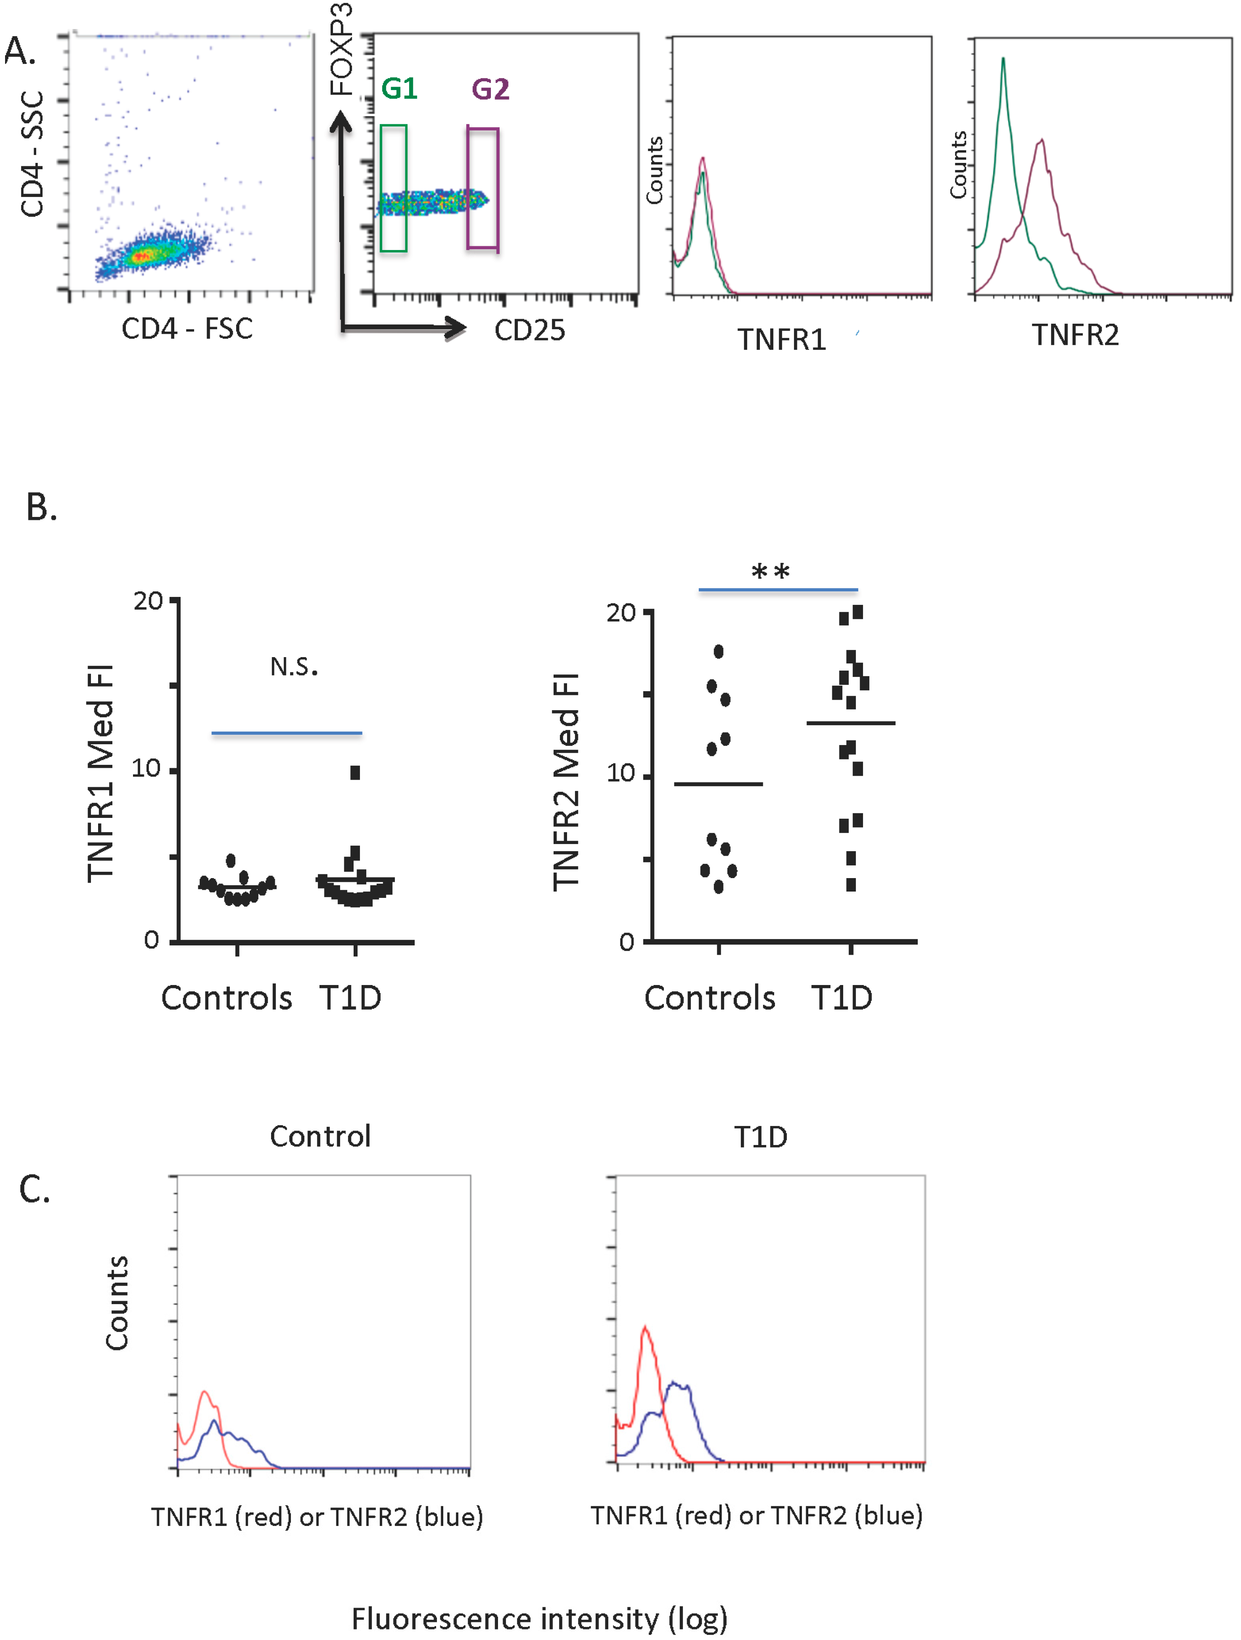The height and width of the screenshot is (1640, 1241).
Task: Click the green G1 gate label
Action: [x=399, y=89]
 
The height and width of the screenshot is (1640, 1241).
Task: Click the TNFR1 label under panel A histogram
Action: [x=781, y=340]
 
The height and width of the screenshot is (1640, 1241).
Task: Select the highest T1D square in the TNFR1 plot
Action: [x=355, y=772]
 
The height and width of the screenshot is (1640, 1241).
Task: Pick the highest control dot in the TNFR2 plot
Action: [x=718, y=652]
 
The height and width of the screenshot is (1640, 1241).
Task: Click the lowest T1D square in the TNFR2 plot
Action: [x=851, y=884]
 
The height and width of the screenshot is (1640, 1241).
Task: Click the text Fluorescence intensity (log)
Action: [x=539, y=1619]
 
